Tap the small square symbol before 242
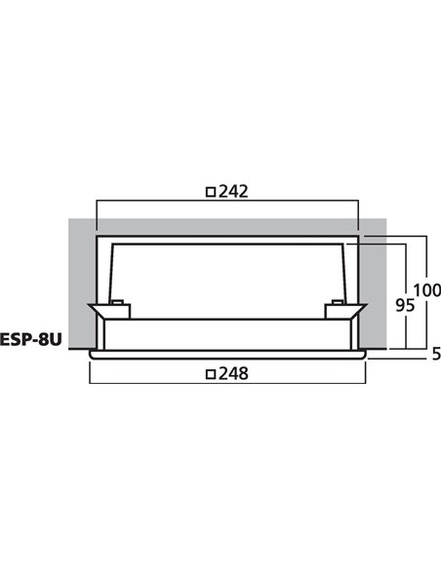210,193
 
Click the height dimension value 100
425,289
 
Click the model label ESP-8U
32,341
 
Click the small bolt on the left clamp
117,303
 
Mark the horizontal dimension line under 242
228,203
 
